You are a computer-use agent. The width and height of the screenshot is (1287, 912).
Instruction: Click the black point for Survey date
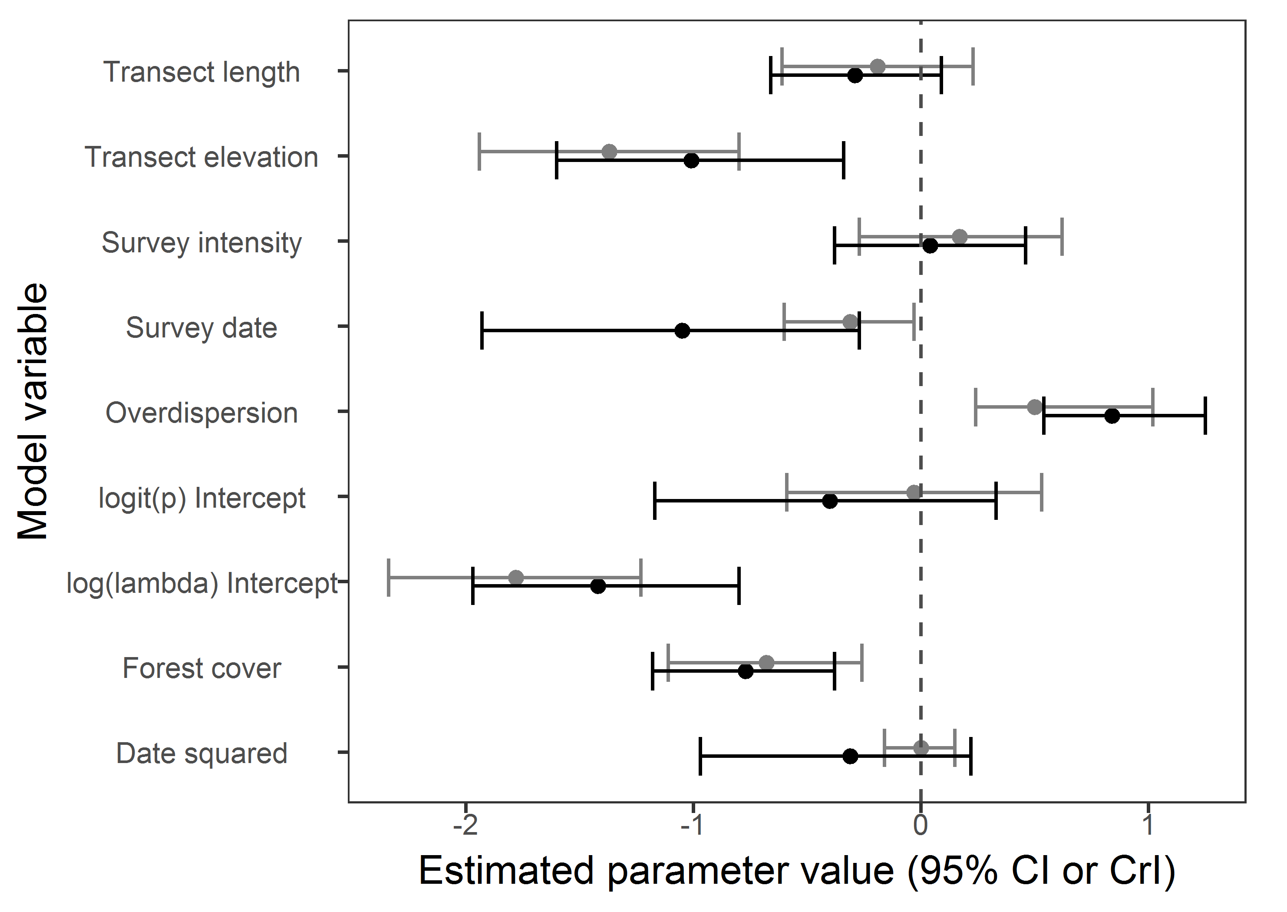(682, 331)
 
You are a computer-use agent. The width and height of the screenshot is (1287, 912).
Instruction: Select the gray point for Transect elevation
(609, 152)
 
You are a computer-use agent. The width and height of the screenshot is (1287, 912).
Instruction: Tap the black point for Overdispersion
(1112, 416)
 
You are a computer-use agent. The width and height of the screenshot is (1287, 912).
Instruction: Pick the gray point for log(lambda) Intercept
(516, 577)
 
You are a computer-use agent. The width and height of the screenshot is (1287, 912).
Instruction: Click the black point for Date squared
(851, 757)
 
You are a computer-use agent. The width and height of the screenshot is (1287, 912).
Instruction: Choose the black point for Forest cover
(746, 671)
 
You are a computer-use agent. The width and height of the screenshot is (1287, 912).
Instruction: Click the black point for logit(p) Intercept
(830, 501)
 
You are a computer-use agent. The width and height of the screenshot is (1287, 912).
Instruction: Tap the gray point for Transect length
(878, 67)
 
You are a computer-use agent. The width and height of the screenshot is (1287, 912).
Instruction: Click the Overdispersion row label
(201, 413)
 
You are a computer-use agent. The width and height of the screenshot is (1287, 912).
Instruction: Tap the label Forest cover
(201, 668)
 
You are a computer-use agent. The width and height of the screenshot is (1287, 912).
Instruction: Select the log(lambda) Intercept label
(201, 584)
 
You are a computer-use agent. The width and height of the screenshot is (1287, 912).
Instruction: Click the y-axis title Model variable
(33, 412)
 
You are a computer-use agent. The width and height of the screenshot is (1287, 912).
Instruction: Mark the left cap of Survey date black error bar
(482, 331)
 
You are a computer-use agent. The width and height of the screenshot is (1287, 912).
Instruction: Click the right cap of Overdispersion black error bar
(1205, 416)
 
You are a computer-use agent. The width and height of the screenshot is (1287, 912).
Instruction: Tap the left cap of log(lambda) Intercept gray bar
(389, 577)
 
